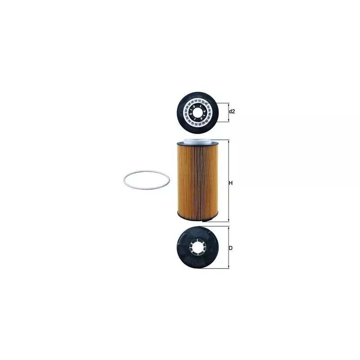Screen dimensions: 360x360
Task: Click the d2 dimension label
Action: [x=232, y=112]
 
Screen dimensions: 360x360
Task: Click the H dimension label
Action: [x=231, y=183]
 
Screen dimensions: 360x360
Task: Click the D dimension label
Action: [x=231, y=248]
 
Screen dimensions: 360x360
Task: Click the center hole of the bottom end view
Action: [x=198, y=247]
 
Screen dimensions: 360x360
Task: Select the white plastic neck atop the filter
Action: [x=198, y=141]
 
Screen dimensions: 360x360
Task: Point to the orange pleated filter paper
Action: [x=198, y=179]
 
